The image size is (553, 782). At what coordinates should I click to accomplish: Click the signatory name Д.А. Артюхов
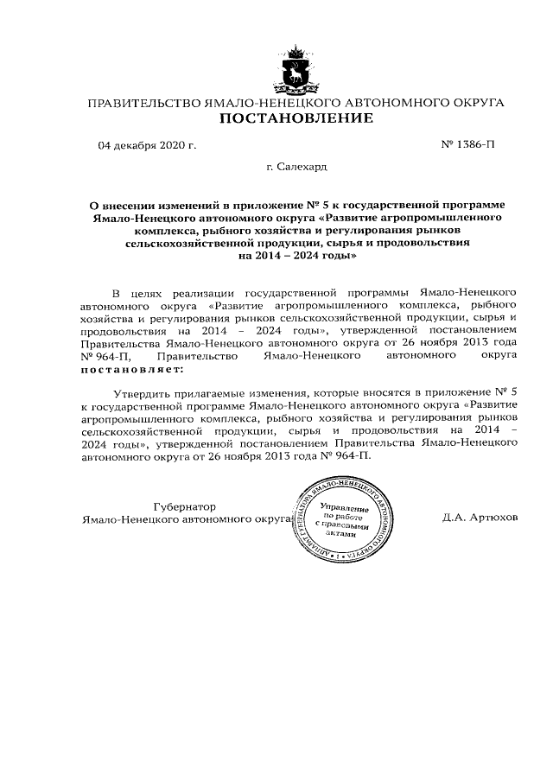(480, 518)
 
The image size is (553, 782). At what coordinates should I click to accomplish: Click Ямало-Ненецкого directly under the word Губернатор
(125, 518)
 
